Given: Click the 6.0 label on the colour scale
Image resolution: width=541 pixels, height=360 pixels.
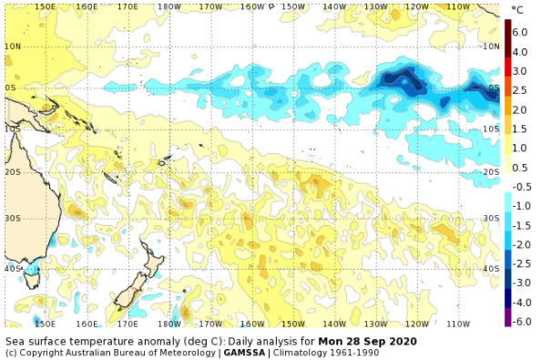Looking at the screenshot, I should [520, 32].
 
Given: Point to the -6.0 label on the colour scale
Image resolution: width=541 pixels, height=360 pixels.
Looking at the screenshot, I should [520, 322].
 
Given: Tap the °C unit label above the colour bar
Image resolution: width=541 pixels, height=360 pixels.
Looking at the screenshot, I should [516, 10].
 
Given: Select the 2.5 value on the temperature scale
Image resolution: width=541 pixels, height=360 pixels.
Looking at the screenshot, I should [520, 90].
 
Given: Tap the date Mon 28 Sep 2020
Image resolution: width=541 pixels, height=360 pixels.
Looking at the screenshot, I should [368, 341].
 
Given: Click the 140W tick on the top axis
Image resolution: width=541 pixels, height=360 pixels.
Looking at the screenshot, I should [333, 7].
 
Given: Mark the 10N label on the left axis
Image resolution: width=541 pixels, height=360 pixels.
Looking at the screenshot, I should [13, 46].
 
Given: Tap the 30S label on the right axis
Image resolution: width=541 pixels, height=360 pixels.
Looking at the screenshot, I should [491, 219].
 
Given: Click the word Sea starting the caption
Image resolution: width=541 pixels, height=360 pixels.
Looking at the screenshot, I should [15, 341].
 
